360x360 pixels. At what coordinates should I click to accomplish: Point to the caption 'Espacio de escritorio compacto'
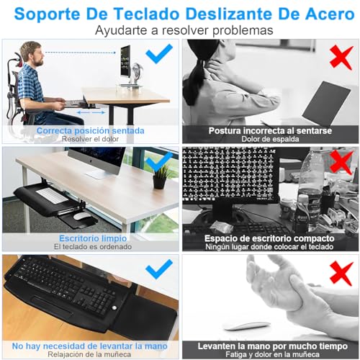(269, 238)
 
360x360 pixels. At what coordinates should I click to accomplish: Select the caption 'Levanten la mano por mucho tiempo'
(269, 345)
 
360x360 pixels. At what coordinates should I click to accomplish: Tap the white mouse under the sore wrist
(248, 325)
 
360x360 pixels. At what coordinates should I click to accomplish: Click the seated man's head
(30, 53)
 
